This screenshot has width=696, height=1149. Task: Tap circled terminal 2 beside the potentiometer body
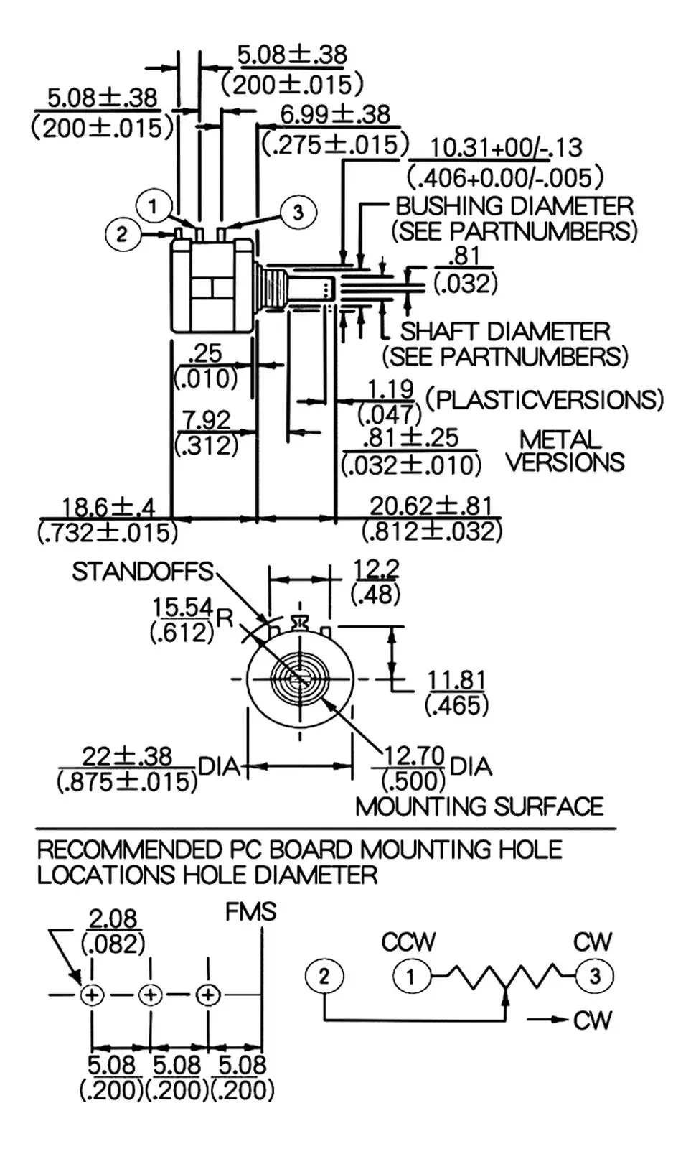tap(122, 233)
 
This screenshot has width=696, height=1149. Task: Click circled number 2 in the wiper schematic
tap(324, 976)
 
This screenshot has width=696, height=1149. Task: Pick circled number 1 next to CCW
tap(411, 976)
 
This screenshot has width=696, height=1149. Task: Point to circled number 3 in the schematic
tap(595, 976)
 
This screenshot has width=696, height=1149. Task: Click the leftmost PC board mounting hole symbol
tap(92, 995)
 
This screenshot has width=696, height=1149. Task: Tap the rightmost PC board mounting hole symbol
tap(208, 995)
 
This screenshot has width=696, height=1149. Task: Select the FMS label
tap(250, 912)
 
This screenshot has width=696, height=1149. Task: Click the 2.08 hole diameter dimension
tap(113, 918)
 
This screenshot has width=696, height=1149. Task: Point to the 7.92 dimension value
tap(207, 419)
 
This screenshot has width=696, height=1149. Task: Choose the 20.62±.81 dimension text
tap(431, 506)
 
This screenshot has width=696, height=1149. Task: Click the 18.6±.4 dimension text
tap(108, 507)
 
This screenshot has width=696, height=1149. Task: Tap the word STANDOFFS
tap(143, 572)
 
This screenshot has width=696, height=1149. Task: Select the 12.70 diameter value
tap(414, 755)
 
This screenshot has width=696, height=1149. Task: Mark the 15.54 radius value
tap(182, 608)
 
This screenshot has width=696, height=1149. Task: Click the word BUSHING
tap(449, 206)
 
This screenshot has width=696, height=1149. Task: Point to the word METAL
tap(560, 439)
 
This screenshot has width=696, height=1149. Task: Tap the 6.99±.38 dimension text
tap(335, 114)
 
